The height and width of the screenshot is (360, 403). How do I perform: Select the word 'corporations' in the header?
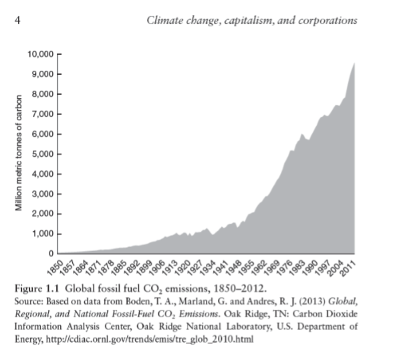327,21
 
